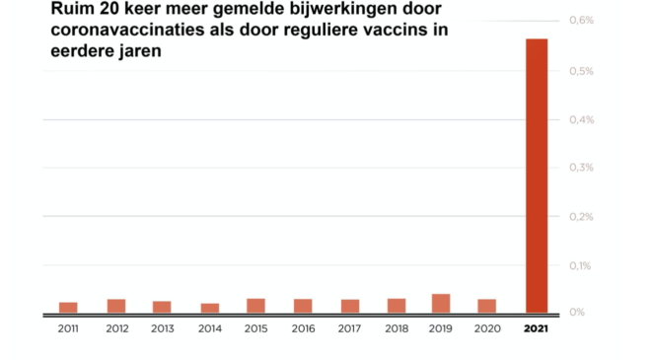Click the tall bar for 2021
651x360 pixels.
(x=537, y=176)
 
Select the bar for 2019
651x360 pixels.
(x=441, y=303)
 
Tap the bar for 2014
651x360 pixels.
(x=209, y=307)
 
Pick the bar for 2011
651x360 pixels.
(x=68, y=307)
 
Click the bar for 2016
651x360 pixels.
(x=303, y=305)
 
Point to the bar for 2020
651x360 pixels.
(x=486, y=305)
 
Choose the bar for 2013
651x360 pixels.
(x=162, y=306)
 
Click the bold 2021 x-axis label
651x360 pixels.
(x=537, y=328)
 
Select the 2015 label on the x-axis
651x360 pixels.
(x=255, y=328)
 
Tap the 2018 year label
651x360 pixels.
(x=397, y=328)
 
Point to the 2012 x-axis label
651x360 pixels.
(x=115, y=328)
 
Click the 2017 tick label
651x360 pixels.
(x=349, y=328)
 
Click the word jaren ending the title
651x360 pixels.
(x=138, y=52)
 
